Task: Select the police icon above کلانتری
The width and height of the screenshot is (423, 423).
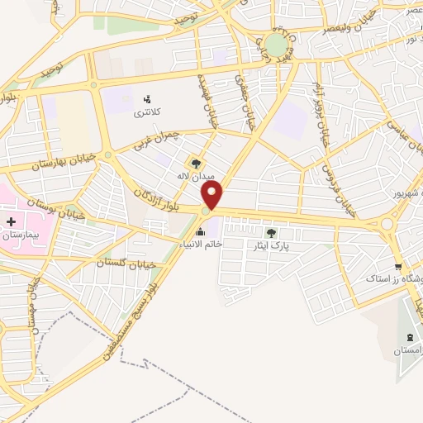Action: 148,99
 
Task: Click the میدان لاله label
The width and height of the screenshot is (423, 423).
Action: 197,176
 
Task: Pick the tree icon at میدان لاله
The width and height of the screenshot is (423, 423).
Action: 196,163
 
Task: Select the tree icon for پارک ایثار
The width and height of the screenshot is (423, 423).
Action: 271,233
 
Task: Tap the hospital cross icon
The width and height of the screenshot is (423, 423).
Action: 11,221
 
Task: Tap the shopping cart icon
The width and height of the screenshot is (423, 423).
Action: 398,266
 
